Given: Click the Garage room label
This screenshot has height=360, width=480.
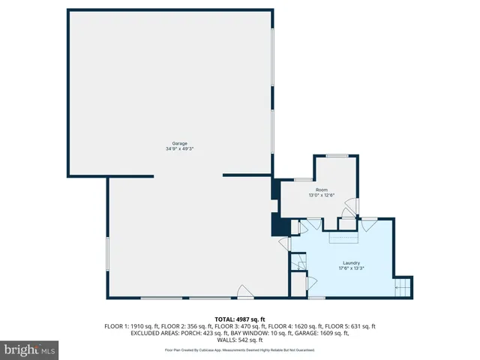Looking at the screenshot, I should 179,143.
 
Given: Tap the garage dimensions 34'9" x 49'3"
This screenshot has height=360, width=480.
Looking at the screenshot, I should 179,148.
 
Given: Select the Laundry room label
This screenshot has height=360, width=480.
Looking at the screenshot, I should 352,262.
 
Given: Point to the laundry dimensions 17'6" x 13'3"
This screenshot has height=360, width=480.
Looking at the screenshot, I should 352,268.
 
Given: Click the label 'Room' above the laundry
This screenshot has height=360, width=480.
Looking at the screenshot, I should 321,190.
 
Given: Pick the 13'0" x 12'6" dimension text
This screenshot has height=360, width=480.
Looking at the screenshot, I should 321,195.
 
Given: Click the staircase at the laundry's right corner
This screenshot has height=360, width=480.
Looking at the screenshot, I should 403,286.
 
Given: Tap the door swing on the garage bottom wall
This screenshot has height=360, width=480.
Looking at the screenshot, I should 242,292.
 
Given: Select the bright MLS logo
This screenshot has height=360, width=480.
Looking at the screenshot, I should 30,349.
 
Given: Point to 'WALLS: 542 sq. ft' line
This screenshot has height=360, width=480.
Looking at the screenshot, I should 239,340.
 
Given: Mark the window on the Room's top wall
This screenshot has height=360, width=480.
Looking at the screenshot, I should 337,156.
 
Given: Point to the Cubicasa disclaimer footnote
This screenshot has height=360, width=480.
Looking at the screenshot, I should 239,349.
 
